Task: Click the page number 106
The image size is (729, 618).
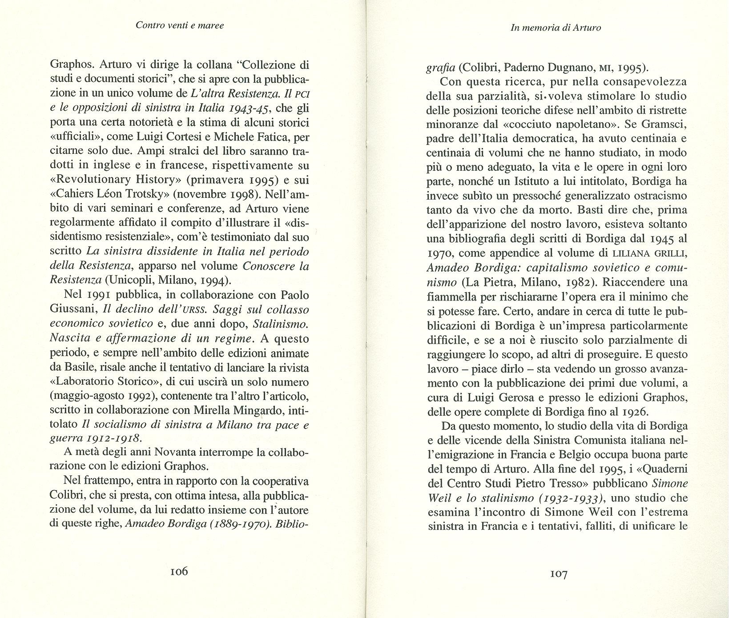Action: tap(179, 571)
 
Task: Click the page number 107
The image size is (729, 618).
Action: tap(559, 574)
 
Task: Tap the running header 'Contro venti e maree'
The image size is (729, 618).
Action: tap(180, 25)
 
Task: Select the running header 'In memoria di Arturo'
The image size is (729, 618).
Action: tap(556, 28)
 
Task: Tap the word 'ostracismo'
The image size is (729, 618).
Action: tap(648, 196)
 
